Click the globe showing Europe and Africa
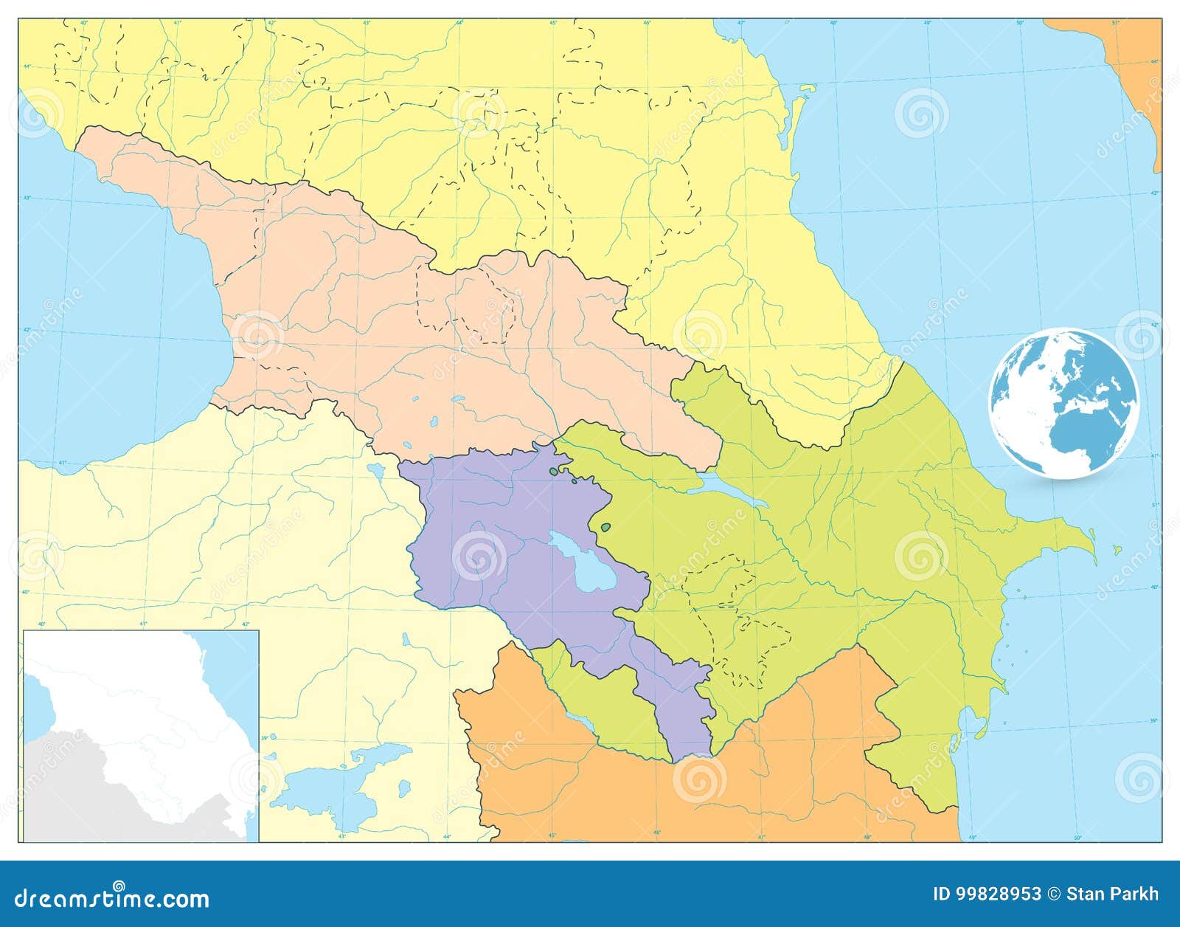tap(1063, 403)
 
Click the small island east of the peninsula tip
tap(1118, 549)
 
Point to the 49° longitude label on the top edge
tap(928, 23)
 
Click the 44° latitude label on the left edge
tap(27, 66)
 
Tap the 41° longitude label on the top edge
tap(177, 23)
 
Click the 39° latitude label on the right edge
tap(1155, 720)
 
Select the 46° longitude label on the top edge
tap(647, 23)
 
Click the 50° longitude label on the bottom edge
tap(1077, 837)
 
